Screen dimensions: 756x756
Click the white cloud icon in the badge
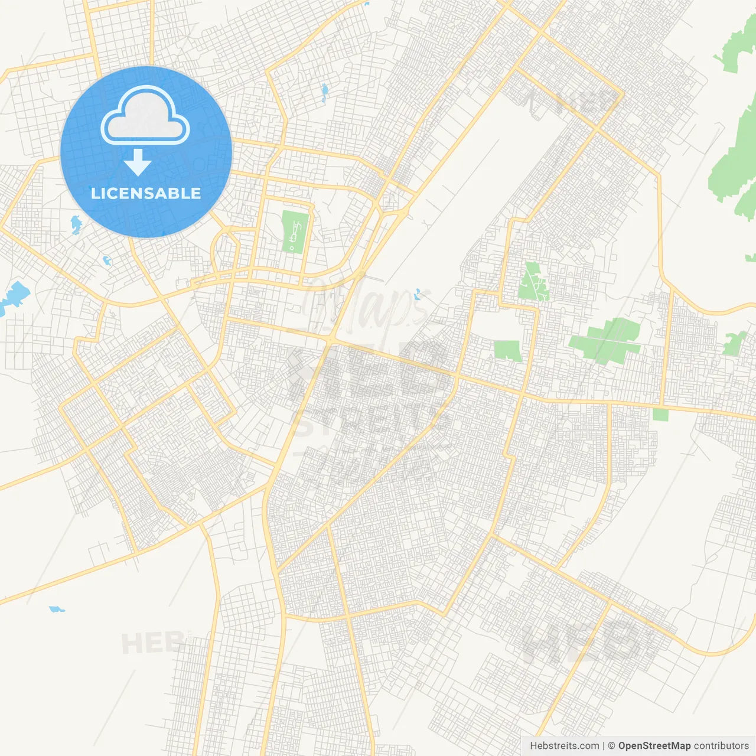pos(145,116)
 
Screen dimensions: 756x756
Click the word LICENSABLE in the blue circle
pos(146,193)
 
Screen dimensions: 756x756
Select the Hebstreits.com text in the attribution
pos(564,745)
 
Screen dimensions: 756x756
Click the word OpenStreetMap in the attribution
pos(654,745)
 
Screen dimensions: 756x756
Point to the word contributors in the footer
pos(721,745)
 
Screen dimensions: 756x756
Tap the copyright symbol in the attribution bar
pos(612,745)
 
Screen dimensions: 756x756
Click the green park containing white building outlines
pos(295,231)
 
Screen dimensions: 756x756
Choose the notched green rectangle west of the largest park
pos(508,351)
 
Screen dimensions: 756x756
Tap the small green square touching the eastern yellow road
pos(660,415)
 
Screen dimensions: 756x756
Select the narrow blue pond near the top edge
pos(324,93)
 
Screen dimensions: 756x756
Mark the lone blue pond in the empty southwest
pos(57,609)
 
